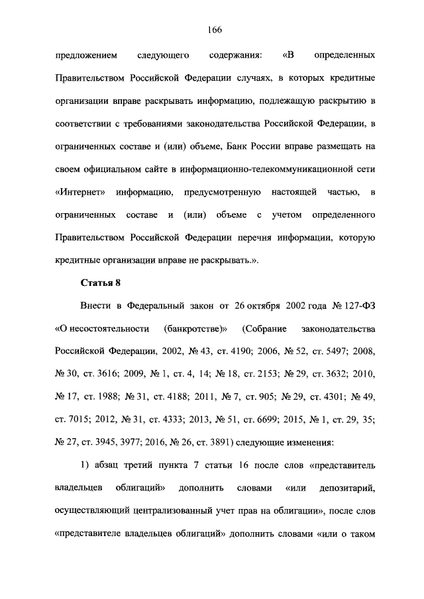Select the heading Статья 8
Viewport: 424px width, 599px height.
[101, 284]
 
